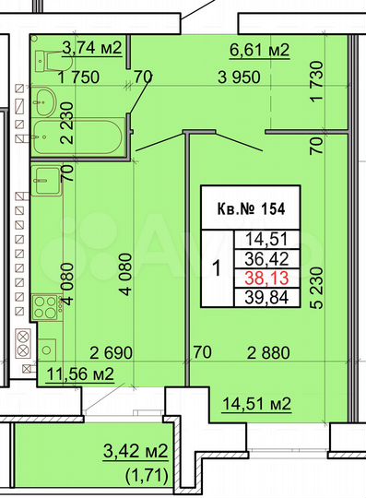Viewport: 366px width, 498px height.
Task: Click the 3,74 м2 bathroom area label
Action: pos(91,49)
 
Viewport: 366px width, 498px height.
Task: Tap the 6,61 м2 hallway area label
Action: pos(259,49)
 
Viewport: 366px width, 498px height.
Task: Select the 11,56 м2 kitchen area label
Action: pos(82,373)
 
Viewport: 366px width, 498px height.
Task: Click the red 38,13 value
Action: pos(269,276)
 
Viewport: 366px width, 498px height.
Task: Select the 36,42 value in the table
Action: pos(269,258)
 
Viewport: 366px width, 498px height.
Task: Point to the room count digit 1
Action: pos(216,269)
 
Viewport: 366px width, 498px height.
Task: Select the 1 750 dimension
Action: pos(78,79)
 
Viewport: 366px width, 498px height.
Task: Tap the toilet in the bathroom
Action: pos(42,62)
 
